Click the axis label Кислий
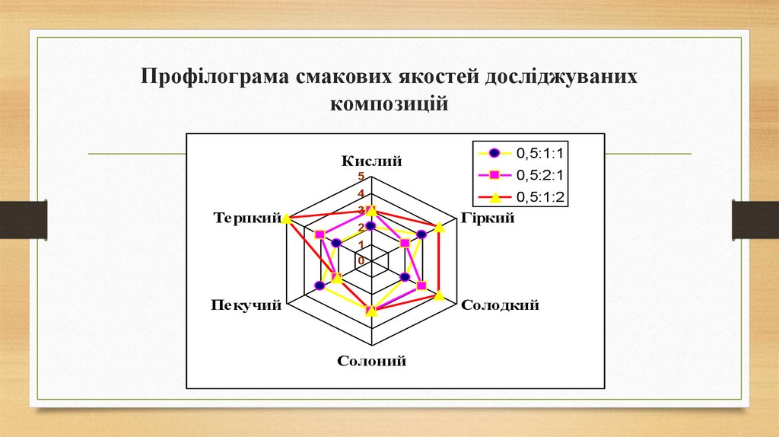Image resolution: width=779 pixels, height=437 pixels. point(371,161)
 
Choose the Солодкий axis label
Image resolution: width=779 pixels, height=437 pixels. point(501,305)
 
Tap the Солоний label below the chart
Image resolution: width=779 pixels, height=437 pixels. point(371,361)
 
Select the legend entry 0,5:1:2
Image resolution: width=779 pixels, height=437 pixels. point(543,197)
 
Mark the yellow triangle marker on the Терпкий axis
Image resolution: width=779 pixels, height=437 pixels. point(286,219)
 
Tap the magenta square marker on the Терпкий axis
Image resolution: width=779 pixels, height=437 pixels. point(320,234)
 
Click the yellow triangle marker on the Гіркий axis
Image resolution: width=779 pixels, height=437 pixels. point(439,225)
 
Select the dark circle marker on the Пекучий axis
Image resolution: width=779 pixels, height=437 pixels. point(320,286)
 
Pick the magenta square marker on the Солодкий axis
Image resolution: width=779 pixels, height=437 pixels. point(421,285)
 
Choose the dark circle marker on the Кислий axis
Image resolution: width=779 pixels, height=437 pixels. point(370,226)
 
